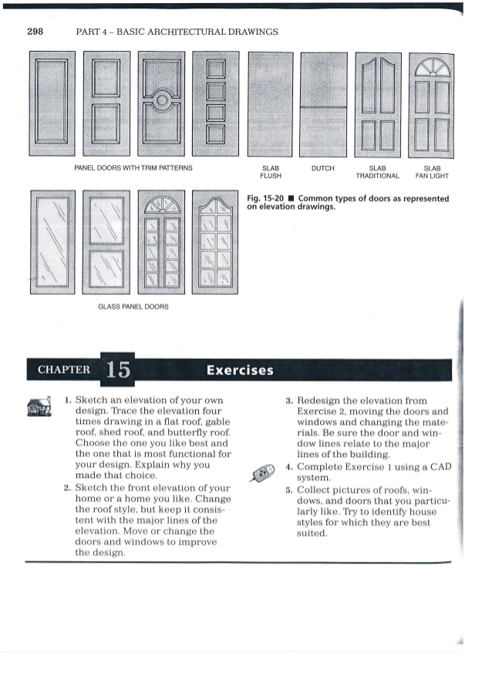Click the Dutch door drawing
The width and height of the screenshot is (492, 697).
[324, 104]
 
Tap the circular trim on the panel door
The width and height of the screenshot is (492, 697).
[161, 102]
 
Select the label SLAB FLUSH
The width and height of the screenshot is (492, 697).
[270, 171]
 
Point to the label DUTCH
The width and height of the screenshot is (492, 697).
[322, 167]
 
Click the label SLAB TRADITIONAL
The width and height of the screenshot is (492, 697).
[377, 171]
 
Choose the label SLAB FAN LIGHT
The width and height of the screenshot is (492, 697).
[432, 171]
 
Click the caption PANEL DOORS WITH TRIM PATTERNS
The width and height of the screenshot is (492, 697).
[133, 167]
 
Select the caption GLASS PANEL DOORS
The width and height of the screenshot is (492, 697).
[133, 306]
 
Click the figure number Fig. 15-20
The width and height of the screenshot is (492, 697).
[265, 198]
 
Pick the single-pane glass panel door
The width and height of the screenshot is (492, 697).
[52, 242]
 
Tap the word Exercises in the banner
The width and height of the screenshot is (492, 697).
[240, 370]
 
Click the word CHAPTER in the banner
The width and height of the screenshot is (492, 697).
[63, 370]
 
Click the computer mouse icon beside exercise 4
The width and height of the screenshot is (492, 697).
[263, 472]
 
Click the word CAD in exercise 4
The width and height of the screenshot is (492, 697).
[436, 467]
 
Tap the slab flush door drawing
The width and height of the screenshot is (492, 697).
[270, 104]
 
